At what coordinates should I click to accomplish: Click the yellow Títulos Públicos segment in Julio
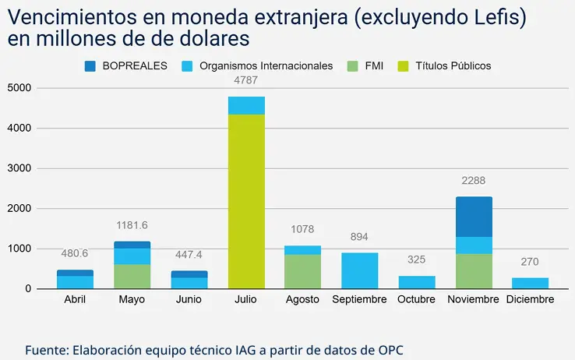(245, 201)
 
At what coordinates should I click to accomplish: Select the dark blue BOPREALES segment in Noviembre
(473, 217)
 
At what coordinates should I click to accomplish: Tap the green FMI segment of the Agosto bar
(302, 271)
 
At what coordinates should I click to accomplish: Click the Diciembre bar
(530, 283)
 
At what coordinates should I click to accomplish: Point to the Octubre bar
(416, 282)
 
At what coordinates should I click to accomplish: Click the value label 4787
(245, 79)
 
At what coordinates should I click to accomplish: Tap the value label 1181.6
(132, 226)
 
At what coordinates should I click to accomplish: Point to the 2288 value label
(473, 181)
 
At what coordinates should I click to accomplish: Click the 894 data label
(359, 237)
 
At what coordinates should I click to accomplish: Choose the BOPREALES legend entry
(126, 66)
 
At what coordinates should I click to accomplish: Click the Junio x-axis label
(189, 300)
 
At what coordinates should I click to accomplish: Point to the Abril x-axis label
(75, 300)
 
